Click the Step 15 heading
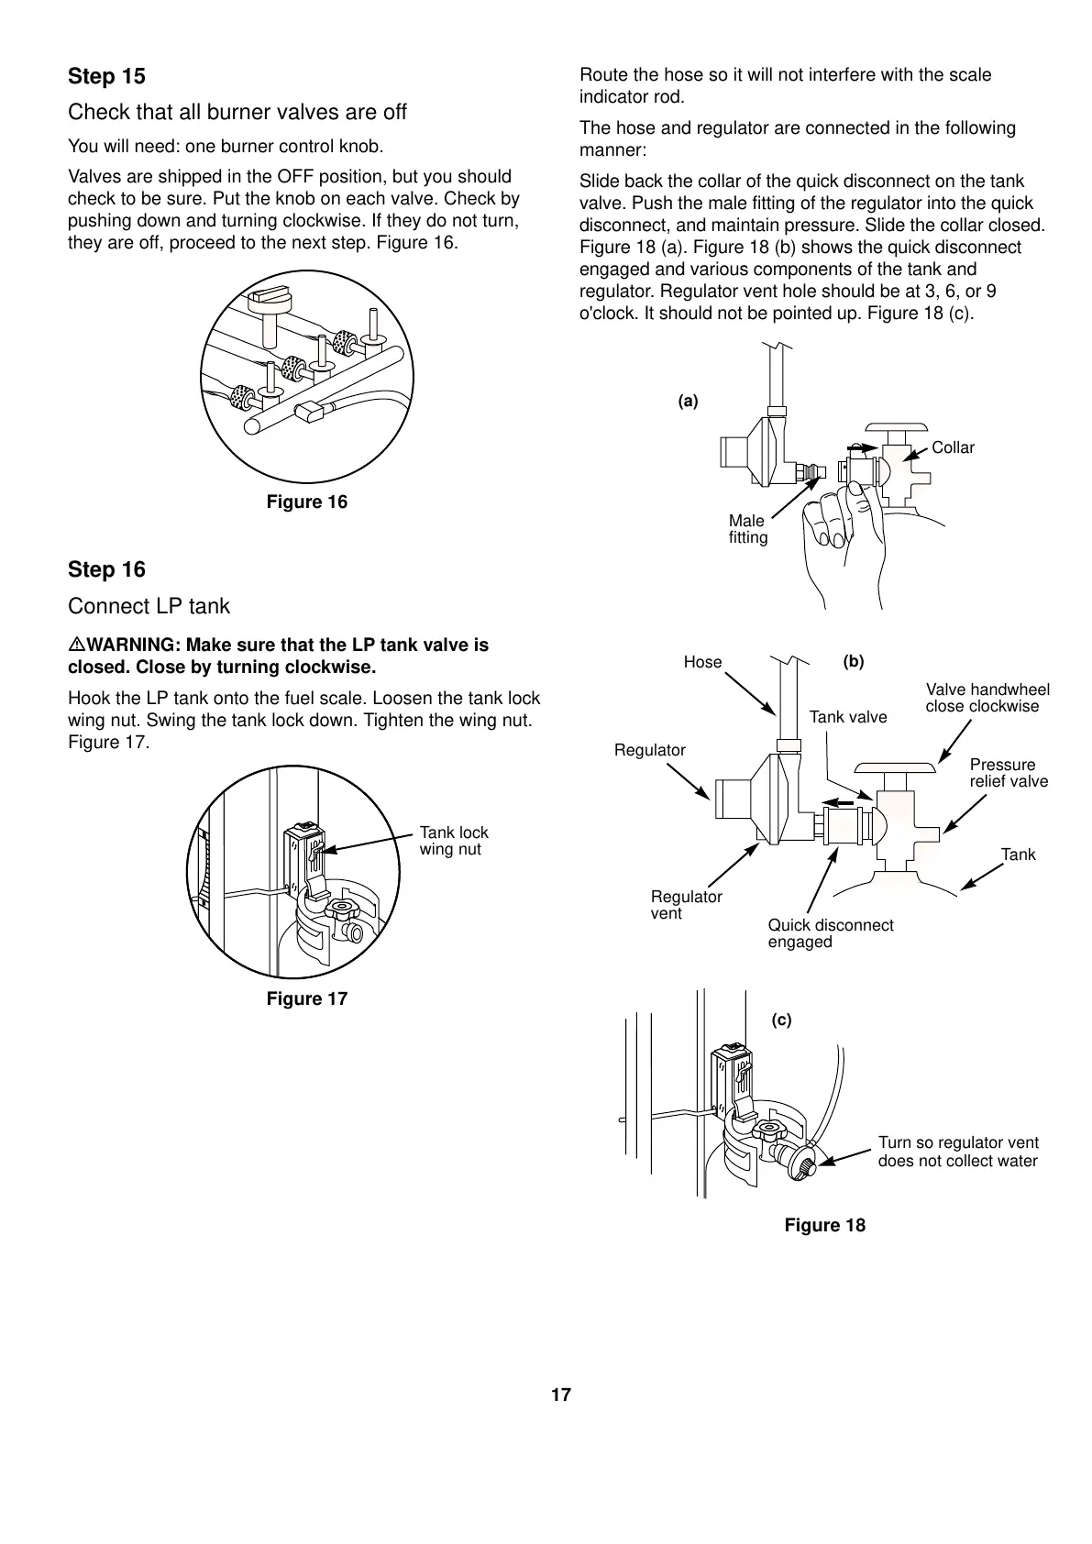pos(106,76)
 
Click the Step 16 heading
pos(106,569)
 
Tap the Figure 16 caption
pos(307,502)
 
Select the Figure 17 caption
pos(307,998)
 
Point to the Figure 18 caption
pos(824,1225)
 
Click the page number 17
pos(561,1395)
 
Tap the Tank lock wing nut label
pos(454,841)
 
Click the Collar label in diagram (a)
pos(953,447)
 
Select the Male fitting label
pos(747,529)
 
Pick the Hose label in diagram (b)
pos(702,662)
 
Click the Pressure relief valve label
pos(1009,773)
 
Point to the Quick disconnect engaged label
pos(830,933)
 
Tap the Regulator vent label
pos(686,905)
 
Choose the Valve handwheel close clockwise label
pos(987,698)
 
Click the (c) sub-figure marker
pos(781,1020)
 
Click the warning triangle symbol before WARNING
pos(76,645)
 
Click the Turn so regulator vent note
pos(958,1152)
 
